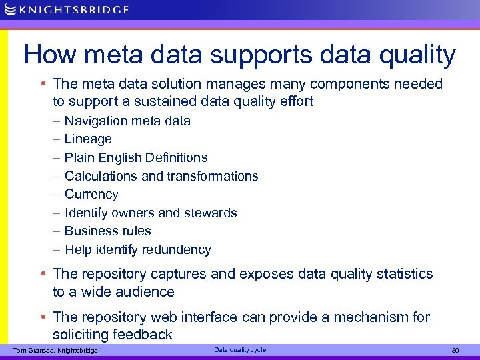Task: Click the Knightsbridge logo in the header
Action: (66, 9)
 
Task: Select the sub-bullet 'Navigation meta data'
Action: (127, 121)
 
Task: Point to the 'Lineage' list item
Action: (87, 139)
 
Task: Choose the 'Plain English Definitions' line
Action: (135, 157)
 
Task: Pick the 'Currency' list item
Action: (91, 195)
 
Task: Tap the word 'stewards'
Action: (213, 213)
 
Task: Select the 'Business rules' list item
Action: (107, 231)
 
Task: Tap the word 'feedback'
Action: (143, 335)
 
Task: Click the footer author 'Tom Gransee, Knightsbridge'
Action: (55, 351)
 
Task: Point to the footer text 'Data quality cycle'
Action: (239, 350)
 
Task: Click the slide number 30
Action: (455, 351)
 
